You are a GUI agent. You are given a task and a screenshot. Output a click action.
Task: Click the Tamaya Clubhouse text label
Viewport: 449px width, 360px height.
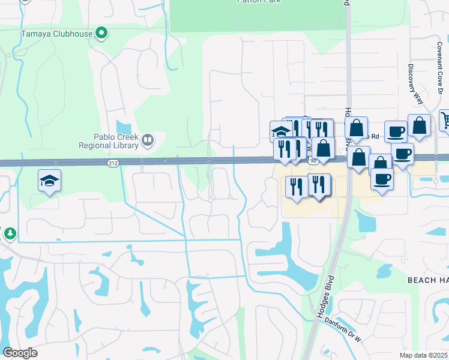pyautogui.click(x=57, y=34)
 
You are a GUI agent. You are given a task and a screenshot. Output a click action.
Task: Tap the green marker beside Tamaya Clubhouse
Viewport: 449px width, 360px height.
pyautogui.click(x=102, y=33)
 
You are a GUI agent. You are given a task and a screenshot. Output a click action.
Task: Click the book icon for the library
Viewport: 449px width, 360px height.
pyautogui.click(x=148, y=140)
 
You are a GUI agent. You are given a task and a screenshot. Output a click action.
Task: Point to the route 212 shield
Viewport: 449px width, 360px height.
pyautogui.click(x=113, y=163)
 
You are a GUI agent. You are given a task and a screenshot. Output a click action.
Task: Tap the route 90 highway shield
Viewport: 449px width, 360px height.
pyautogui.click(x=313, y=161)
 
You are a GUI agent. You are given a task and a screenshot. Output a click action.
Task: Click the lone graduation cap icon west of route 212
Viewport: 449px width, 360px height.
pyautogui.click(x=50, y=181)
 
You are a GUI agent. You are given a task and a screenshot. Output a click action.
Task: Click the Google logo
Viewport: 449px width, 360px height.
pyautogui.click(x=20, y=352)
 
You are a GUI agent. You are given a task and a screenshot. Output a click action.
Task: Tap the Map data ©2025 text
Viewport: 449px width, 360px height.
pyautogui.click(x=424, y=355)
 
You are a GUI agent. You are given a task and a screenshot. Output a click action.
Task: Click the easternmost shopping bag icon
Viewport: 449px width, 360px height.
pyautogui.click(x=419, y=125)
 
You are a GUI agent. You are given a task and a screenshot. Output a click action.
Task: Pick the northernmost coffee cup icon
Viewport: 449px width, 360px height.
pyautogui.click(x=396, y=131)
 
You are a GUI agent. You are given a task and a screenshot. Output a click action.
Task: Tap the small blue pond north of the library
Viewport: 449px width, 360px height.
pyautogui.click(x=124, y=127)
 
